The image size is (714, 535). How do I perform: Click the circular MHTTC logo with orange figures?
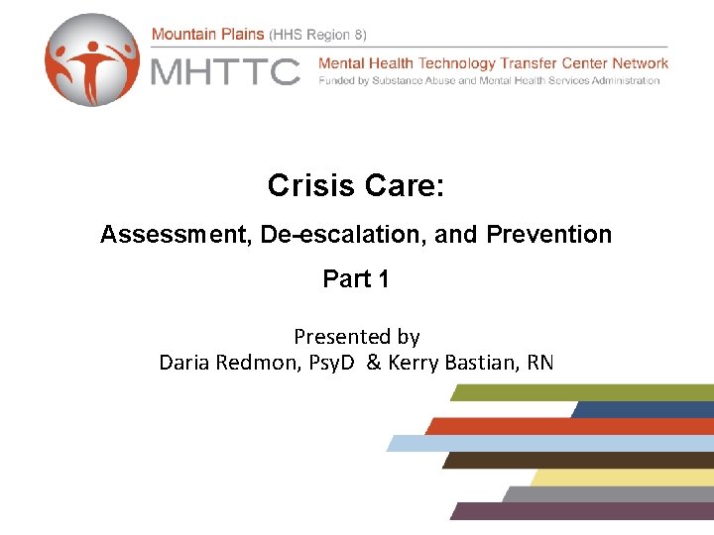click(x=92, y=59)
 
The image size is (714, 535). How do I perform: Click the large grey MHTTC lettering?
click(x=225, y=71)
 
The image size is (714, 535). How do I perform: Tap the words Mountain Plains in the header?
click(x=208, y=34)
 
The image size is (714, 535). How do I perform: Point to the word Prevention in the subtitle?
click(x=549, y=235)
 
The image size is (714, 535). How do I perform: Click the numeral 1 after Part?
click(x=383, y=279)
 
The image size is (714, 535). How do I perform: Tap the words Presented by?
click(x=356, y=337)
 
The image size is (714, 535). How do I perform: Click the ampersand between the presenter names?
click(x=373, y=363)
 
